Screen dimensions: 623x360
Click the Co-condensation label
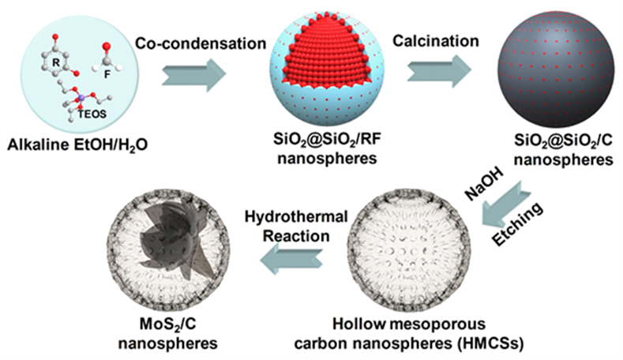tap(201, 43)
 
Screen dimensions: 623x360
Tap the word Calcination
tap(436, 41)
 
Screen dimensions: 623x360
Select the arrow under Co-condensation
tap(194, 75)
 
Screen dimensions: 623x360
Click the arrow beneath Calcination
tap(439, 71)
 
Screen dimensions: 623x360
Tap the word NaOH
tap(485, 183)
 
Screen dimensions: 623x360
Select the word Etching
tap(517, 223)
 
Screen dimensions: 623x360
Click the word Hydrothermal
tap(296, 217)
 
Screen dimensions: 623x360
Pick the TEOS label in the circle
tap(92, 114)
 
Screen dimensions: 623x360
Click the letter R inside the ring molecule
tap(56, 62)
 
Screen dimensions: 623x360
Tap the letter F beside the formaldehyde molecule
tap(107, 74)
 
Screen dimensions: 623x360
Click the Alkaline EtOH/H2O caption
tap(77, 145)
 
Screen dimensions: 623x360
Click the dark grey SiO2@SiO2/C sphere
tap(555, 69)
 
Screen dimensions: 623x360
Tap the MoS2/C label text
tap(168, 324)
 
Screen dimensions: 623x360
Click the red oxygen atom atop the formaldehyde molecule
tap(106, 47)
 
